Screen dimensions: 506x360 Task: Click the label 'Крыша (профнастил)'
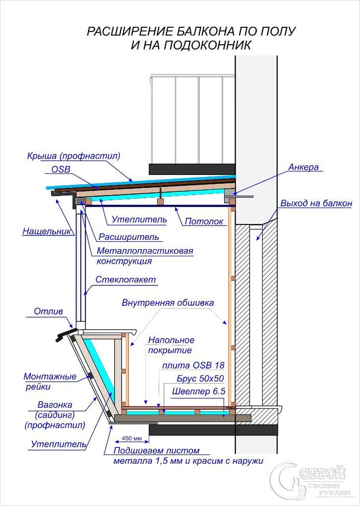point(73,156)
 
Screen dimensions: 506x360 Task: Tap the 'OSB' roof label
point(61,169)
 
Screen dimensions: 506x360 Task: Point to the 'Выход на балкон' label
point(316,203)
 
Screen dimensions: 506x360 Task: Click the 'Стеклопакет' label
point(132,280)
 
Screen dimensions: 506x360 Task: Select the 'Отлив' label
point(48,312)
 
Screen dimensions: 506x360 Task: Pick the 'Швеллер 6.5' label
point(199,392)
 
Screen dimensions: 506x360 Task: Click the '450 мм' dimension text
point(131,439)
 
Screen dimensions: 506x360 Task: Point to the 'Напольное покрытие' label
point(171,345)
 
